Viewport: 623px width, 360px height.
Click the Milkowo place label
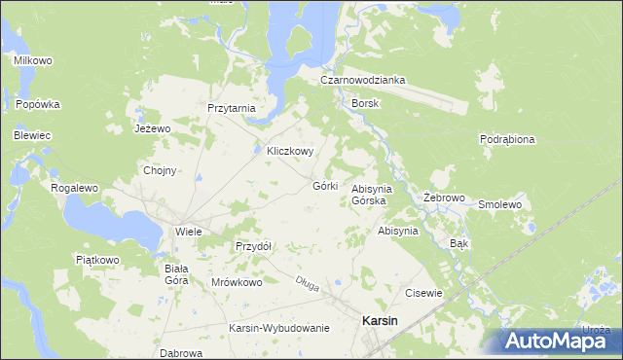click(x=32, y=60)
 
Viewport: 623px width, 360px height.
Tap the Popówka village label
click(x=38, y=104)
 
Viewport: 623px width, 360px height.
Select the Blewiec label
click(x=31, y=135)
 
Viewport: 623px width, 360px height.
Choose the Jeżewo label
click(x=152, y=128)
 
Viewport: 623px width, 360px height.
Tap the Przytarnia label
click(x=231, y=109)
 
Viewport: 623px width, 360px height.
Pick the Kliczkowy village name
click(x=290, y=152)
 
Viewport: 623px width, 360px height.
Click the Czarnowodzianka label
click(x=364, y=80)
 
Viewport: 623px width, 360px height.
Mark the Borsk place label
click(x=366, y=102)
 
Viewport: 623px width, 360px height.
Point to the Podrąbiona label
click(x=507, y=139)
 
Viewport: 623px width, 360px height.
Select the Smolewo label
click(x=500, y=205)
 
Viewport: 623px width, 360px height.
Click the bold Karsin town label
click(x=379, y=321)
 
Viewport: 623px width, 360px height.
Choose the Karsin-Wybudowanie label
click(x=279, y=328)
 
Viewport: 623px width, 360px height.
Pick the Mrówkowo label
click(x=238, y=282)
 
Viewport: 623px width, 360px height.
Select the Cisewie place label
click(x=424, y=293)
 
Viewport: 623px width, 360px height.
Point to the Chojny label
click(x=160, y=170)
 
